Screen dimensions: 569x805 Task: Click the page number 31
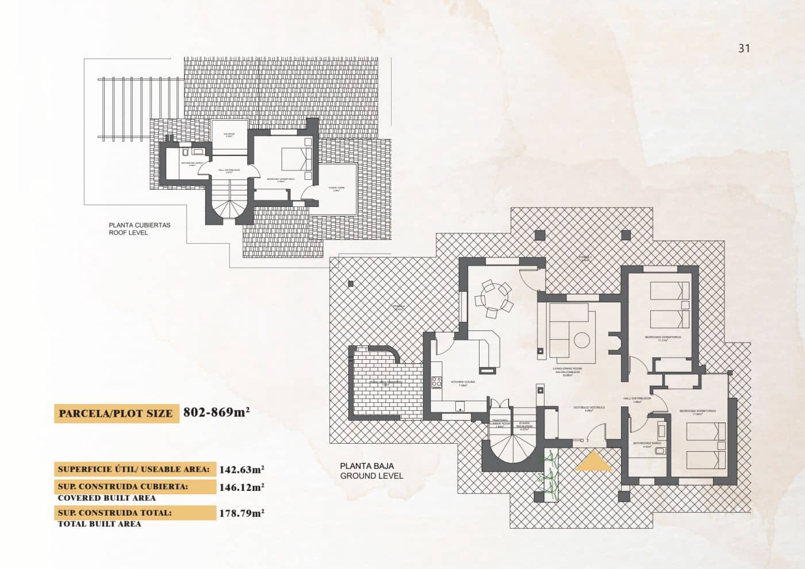pyautogui.click(x=744, y=48)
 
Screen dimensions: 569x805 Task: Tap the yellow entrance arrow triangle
pyautogui.click(x=593, y=462)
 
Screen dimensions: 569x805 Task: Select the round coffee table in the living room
pyautogui.click(x=583, y=340)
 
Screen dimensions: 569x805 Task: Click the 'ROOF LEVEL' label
pyautogui.click(x=128, y=233)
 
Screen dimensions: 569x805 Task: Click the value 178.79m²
pyautogui.click(x=241, y=513)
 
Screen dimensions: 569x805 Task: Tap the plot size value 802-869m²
pyautogui.click(x=216, y=412)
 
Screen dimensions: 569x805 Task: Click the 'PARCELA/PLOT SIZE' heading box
pyautogui.click(x=116, y=413)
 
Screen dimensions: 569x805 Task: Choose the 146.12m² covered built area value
pyautogui.click(x=241, y=487)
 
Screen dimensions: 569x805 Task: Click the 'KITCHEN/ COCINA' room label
pyautogui.click(x=463, y=382)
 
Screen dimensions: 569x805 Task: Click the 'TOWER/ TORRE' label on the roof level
pyautogui.click(x=336, y=188)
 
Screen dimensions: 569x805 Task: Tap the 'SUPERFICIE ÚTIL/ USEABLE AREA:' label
pyautogui.click(x=134, y=469)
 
